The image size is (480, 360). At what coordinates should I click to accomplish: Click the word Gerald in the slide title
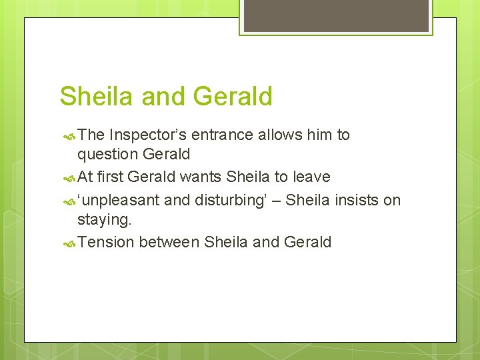click(x=233, y=97)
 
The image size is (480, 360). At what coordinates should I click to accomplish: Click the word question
click(x=107, y=155)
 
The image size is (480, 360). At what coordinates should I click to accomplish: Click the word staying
click(x=104, y=220)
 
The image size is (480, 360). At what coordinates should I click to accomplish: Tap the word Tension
click(x=105, y=242)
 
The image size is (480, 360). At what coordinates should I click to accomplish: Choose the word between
click(x=169, y=242)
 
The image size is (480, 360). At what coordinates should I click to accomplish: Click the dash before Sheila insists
click(x=276, y=201)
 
